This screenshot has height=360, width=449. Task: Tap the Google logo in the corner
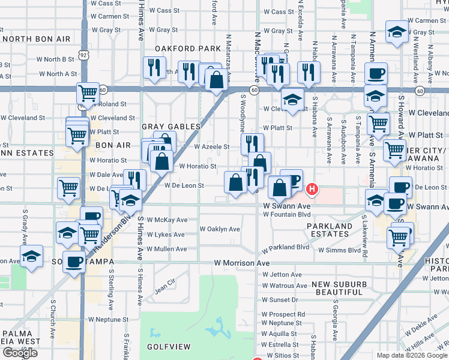[20, 353]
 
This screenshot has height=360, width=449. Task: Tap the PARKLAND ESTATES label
[330, 230]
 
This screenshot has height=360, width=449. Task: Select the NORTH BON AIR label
[36, 39]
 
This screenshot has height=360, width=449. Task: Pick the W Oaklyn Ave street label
[220, 229]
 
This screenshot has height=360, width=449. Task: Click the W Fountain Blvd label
[286, 214]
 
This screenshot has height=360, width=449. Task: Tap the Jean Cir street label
[164, 286]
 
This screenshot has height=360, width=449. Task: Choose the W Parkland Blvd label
[285, 247]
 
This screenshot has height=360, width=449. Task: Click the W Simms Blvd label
[339, 250]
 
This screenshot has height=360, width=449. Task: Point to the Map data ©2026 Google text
[411, 355]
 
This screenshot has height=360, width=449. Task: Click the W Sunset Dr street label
[280, 299]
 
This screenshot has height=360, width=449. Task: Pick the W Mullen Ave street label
[166, 249]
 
